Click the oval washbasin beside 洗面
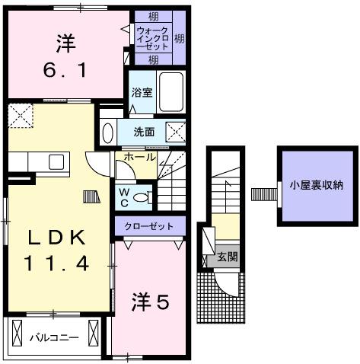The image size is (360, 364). (x=107, y=131)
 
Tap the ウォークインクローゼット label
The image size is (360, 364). (x=152, y=37)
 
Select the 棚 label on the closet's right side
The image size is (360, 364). (x=178, y=37)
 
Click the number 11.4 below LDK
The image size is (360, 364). (x=55, y=263)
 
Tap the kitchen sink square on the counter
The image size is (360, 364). (x=56, y=161)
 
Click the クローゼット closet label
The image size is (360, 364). (x=150, y=226)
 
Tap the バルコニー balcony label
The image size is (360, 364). (x=55, y=336)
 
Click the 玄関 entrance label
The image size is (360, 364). (x=227, y=257)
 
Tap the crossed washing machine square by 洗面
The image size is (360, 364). (x=176, y=133)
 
